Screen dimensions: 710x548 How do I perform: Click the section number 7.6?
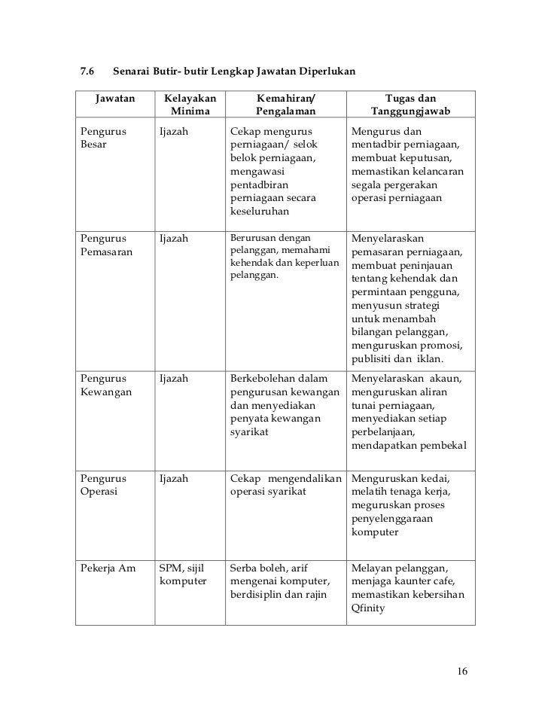(x=86, y=72)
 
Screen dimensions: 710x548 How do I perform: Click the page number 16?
(x=462, y=671)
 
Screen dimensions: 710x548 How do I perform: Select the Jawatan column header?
(x=115, y=99)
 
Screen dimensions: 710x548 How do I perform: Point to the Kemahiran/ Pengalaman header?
(x=283, y=105)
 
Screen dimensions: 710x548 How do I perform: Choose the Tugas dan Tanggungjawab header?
(x=409, y=105)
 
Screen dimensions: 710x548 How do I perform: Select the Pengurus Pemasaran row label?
(x=106, y=245)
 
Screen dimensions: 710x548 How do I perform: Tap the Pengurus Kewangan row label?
(x=106, y=385)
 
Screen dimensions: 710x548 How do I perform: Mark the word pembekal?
(x=440, y=446)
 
